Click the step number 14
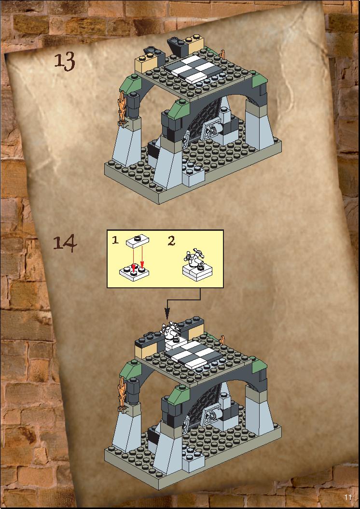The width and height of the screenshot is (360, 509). pyautogui.click(x=65, y=243)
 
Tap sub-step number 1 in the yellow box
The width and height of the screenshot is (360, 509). pyautogui.click(x=115, y=240)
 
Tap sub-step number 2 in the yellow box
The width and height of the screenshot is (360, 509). pyautogui.click(x=171, y=240)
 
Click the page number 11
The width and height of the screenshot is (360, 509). pyautogui.click(x=347, y=497)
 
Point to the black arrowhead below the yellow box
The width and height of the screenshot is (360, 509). pyautogui.click(x=167, y=313)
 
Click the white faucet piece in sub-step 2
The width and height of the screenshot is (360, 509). pyautogui.click(x=194, y=258)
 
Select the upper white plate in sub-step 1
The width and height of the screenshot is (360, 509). pyautogui.click(x=138, y=241)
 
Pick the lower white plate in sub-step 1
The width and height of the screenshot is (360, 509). pyautogui.click(x=134, y=272)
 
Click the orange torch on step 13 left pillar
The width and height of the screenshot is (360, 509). pyautogui.click(x=123, y=107)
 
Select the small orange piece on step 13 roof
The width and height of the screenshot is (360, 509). pyautogui.click(x=223, y=54)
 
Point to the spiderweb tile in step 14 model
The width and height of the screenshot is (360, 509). pyautogui.click(x=211, y=416)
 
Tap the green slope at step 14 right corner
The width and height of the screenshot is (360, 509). pyautogui.click(x=260, y=366)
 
